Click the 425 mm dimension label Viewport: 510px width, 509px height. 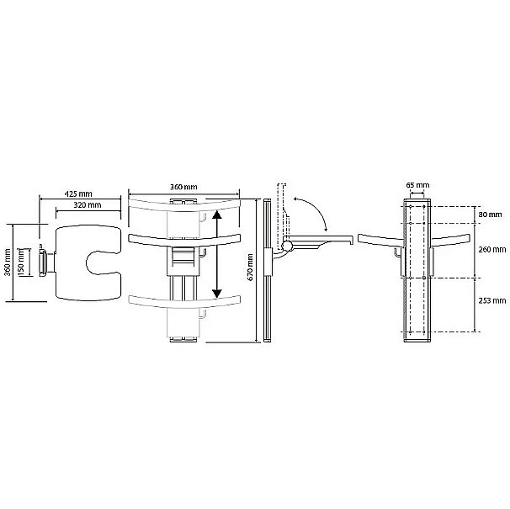[x=78, y=194]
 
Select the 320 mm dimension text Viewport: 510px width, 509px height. [x=88, y=205]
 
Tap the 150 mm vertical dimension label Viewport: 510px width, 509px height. [x=21, y=262]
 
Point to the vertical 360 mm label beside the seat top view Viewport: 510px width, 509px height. [x=8, y=262]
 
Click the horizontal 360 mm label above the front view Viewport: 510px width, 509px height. [x=183, y=187]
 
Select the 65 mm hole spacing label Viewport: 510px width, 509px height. [x=417, y=185]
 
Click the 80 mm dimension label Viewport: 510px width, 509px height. [x=490, y=215]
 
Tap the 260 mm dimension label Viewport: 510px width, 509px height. [x=492, y=250]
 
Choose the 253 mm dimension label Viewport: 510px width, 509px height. [x=492, y=300]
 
